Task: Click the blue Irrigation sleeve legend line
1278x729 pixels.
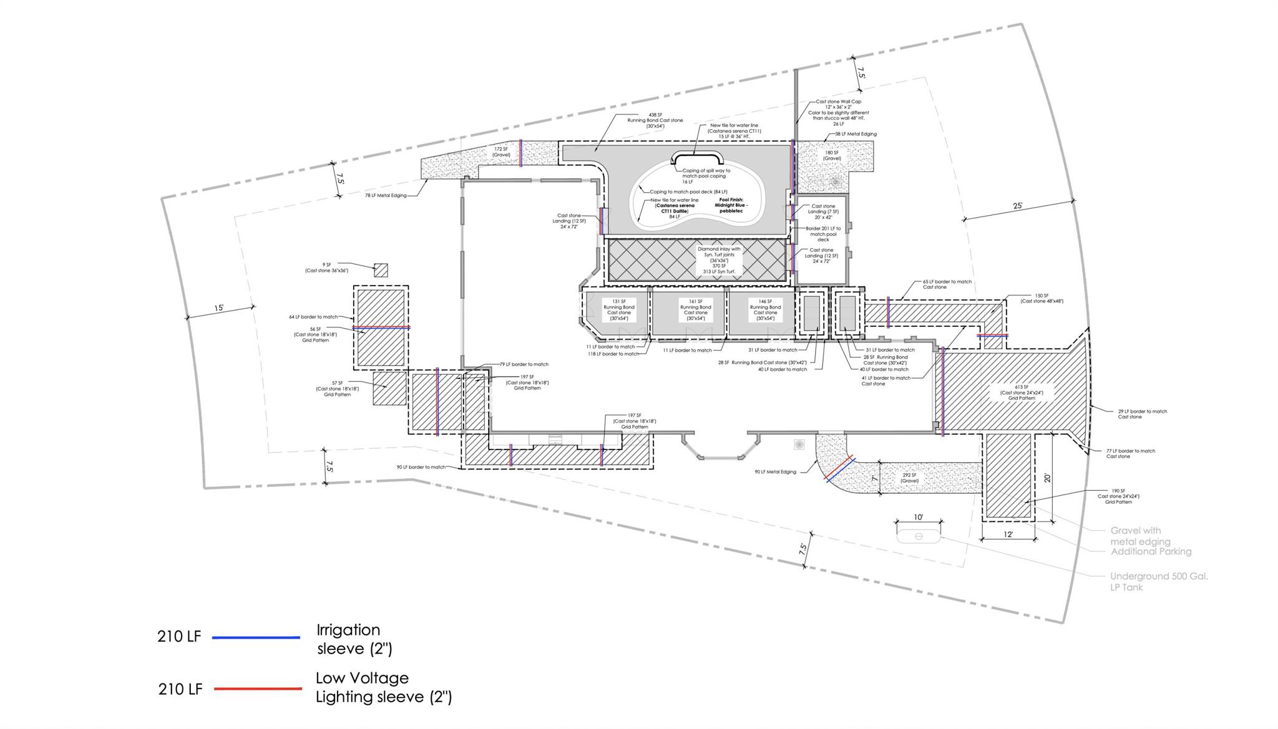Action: (x=256, y=637)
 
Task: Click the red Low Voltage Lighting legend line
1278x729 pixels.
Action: (x=258, y=688)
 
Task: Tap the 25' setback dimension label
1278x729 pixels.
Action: (x=1017, y=206)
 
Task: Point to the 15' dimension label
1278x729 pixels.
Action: (x=219, y=308)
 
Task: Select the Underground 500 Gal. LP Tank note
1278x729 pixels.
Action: (x=1158, y=581)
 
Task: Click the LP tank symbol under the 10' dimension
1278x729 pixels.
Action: (x=919, y=536)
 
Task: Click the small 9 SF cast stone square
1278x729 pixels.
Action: (x=381, y=270)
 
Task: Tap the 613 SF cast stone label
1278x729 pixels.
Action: (x=1022, y=392)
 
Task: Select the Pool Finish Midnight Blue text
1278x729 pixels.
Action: (x=731, y=205)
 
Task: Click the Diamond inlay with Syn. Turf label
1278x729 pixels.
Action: (x=719, y=260)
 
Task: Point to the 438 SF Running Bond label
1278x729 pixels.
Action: (x=655, y=120)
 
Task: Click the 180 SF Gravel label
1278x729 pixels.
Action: (x=832, y=155)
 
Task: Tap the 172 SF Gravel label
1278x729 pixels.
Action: (x=502, y=152)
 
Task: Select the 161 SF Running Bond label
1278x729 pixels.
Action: (x=695, y=310)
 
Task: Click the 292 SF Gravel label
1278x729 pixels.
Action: (x=910, y=478)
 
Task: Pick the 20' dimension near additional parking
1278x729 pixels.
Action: (x=1048, y=478)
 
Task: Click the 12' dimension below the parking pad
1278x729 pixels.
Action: (x=1008, y=534)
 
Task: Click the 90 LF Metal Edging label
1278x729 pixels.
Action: (x=775, y=472)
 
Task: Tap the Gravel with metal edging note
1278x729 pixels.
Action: (x=1140, y=536)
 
